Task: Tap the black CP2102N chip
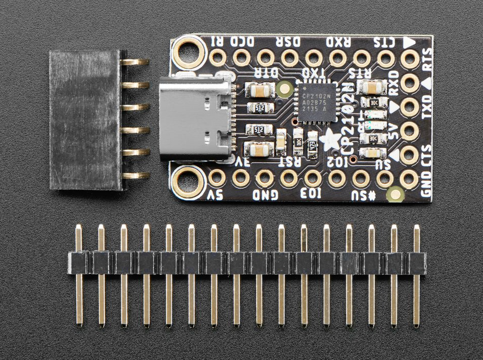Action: click(x=315, y=100)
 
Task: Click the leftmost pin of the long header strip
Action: click(x=79, y=275)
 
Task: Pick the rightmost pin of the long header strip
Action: click(x=417, y=275)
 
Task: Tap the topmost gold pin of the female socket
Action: click(x=135, y=62)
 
